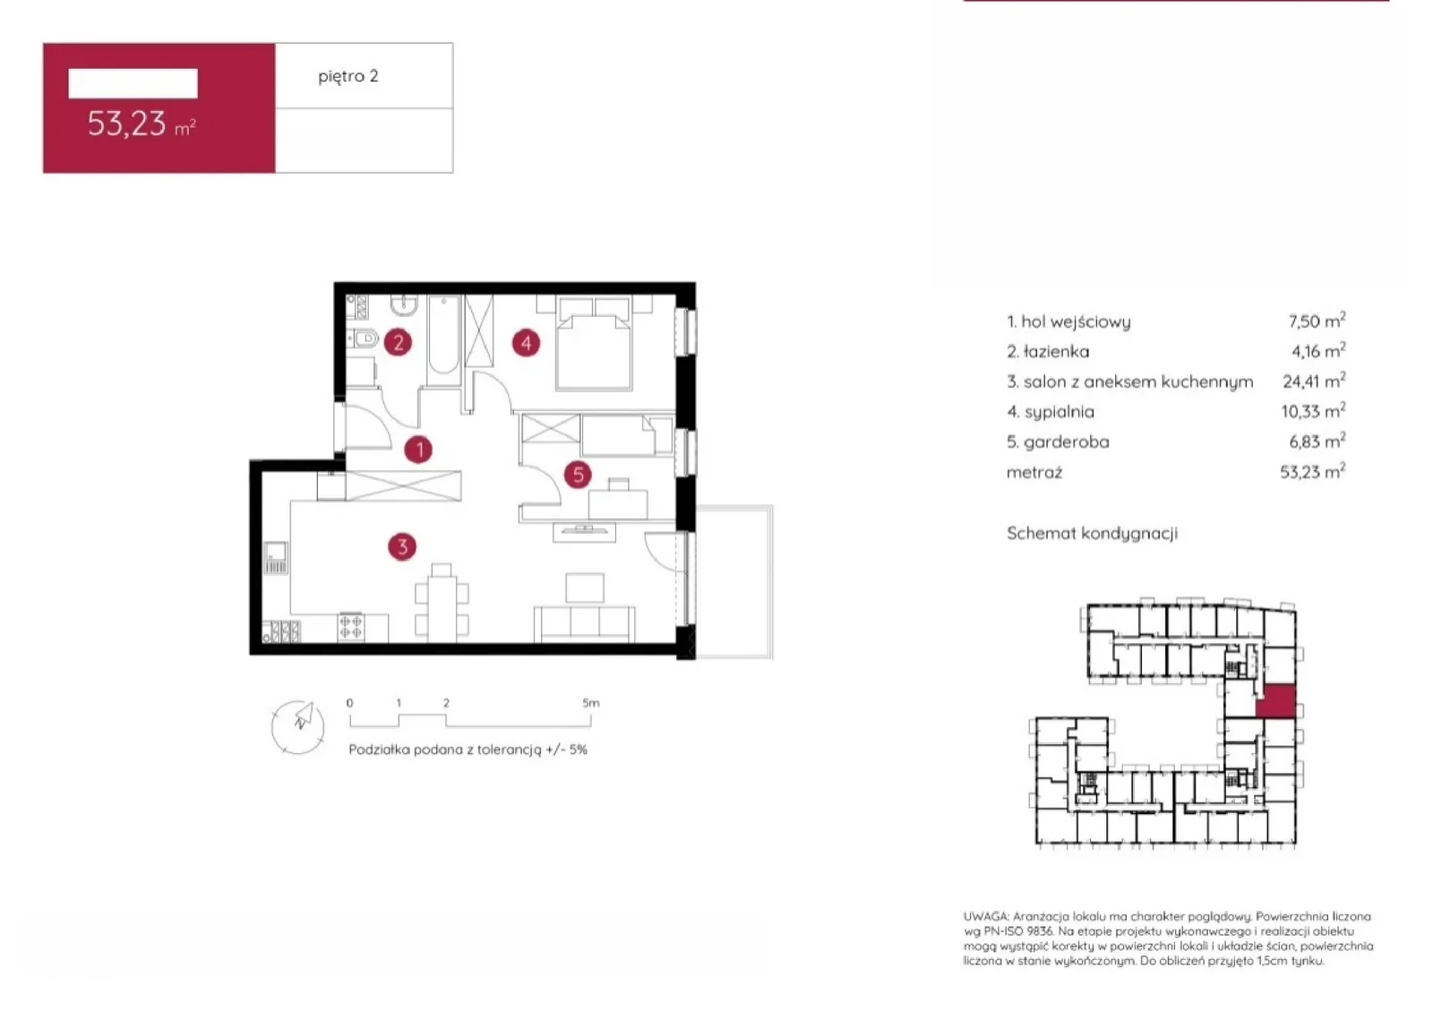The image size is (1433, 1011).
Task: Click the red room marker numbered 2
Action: pos(398,343)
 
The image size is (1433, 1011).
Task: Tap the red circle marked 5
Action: pos(578,475)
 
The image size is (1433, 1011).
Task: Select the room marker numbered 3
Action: pos(402,547)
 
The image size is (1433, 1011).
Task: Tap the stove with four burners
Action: pos(351,626)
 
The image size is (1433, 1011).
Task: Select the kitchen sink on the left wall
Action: pos(277,558)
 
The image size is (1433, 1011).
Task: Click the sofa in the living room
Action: pos(585,623)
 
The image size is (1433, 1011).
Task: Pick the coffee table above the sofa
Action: pos(585,587)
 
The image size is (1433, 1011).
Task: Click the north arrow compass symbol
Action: pos(298,726)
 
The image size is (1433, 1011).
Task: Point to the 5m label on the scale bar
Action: pos(591,703)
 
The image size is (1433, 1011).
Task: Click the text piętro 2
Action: pos(348,76)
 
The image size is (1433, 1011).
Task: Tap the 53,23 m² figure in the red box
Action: pos(142,124)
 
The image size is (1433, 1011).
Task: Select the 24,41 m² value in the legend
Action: pos(1314,381)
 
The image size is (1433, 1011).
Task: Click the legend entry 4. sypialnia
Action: pos(1051,412)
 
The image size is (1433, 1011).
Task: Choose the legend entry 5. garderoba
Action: pos(1058,441)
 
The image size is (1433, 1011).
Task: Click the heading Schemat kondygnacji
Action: pos(1092,534)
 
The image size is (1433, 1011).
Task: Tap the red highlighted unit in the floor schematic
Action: pos(1276,701)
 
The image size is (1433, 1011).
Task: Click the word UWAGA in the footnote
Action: pos(986,916)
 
